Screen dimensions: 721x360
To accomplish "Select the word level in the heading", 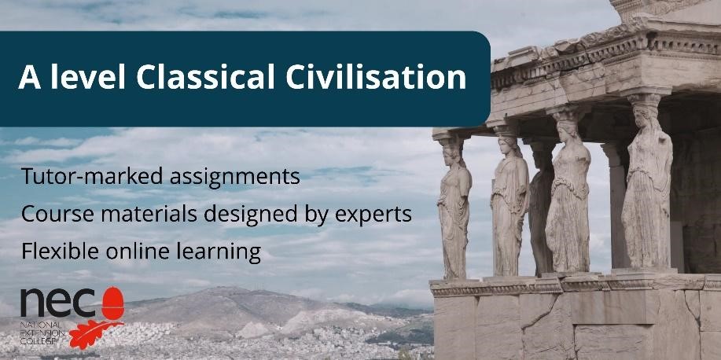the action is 88,76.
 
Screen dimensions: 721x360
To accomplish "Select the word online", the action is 138,252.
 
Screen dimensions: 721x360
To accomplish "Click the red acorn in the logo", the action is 112,303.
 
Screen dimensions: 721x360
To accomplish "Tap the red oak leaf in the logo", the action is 95,334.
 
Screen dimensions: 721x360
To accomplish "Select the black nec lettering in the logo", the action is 58,304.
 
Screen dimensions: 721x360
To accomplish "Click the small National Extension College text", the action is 42,333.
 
